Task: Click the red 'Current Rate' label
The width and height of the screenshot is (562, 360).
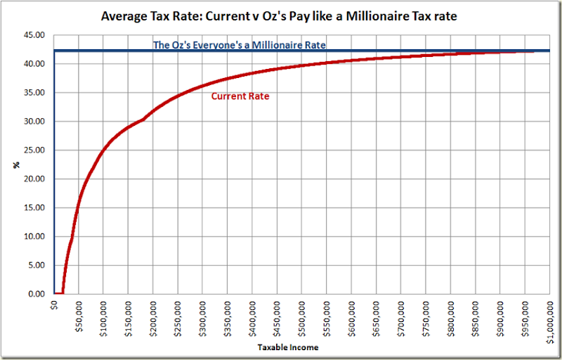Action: click(240, 96)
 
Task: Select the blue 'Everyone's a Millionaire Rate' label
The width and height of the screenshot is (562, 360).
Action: click(240, 45)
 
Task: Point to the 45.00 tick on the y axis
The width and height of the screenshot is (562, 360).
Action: click(35, 35)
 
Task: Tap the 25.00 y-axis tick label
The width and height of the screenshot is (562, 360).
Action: click(35, 150)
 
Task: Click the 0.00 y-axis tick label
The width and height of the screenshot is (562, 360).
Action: click(37, 294)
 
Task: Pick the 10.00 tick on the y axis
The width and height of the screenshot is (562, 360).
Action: click(35, 236)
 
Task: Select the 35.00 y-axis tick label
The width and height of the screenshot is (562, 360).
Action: click(35, 93)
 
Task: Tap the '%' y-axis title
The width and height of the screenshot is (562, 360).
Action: click(15, 165)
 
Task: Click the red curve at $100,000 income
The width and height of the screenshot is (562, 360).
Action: click(103, 149)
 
